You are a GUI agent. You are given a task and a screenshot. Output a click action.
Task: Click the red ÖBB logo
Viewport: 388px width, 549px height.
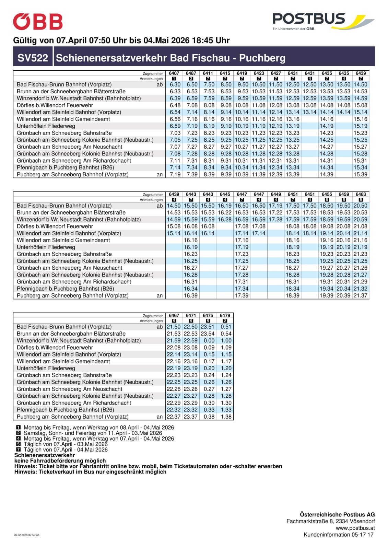(x=38, y=22)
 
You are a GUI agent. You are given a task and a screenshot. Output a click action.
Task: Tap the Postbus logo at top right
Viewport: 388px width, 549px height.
(x=322, y=21)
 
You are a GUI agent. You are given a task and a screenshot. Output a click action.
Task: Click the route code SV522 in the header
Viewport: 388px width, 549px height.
(x=33, y=58)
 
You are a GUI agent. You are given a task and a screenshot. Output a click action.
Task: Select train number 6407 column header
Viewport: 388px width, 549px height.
(x=174, y=73)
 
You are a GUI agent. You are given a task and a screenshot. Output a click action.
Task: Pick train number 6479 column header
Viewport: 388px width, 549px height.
(x=225, y=315)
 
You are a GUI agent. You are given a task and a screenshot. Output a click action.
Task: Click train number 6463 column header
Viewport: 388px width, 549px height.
(x=361, y=194)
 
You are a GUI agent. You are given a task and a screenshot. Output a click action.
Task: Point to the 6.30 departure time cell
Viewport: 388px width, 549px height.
(x=175, y=84)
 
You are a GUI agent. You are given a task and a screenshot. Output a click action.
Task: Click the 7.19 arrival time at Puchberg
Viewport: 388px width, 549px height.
(x=175, y=174)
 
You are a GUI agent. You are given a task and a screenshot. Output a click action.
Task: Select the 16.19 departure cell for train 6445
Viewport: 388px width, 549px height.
(x=225, y=206)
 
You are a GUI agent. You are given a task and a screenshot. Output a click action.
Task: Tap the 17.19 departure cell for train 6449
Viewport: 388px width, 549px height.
(x=275, y=206)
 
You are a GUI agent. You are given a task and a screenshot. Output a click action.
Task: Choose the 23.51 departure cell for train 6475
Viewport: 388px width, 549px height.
(x=208, y=327)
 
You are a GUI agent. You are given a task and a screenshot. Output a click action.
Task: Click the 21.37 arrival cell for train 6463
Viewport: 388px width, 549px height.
(x=361, y=295)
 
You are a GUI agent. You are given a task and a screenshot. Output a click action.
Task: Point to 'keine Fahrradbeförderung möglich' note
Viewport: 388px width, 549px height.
(x=60, y=461)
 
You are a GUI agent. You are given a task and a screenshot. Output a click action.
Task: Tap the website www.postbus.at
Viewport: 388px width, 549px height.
(x=355, y=528)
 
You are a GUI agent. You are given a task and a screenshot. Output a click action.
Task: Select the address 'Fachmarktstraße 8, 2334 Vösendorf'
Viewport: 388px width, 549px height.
(x=330, y=521)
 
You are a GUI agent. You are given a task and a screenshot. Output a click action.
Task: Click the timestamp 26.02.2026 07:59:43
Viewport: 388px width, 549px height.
(x=26, y=535)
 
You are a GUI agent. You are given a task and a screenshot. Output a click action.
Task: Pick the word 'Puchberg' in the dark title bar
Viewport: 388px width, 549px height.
(x=262, y=58)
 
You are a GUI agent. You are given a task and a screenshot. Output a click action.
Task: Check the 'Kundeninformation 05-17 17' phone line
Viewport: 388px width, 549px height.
(x=338, y=535)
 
